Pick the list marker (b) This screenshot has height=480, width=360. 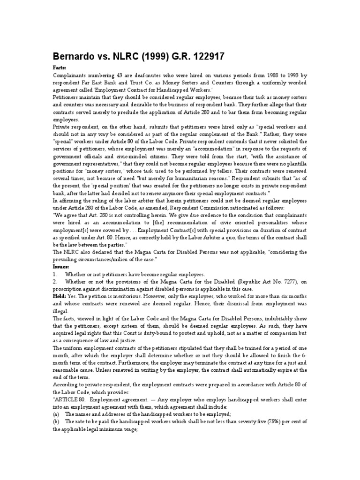tap(56, 422)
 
